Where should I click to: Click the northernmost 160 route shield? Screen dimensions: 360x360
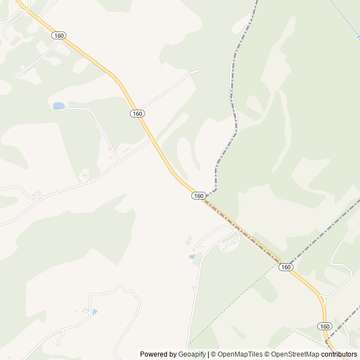coord(58,35)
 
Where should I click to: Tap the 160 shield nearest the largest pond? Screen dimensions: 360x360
coord(137,114)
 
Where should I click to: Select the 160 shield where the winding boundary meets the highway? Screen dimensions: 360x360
coord(198,196)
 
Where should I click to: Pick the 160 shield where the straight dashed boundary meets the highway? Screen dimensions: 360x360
coord(286,267)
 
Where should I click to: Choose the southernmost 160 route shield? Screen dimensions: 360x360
coord(324,326)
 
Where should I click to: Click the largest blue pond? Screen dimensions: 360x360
coord(58,106)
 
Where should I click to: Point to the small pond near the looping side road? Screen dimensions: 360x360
coord(192,256)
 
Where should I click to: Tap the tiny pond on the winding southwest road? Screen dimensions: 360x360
coord(94,311)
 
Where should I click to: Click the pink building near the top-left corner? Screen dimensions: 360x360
coord(14,40)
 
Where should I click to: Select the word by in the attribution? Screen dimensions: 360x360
coord(173,354)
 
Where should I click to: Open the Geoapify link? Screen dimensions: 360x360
coord(192,354)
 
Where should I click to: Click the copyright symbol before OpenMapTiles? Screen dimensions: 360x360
coord(214,354)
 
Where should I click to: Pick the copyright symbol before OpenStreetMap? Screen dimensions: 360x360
coord(268,354)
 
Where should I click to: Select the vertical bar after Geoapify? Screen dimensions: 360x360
coord(209,354)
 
